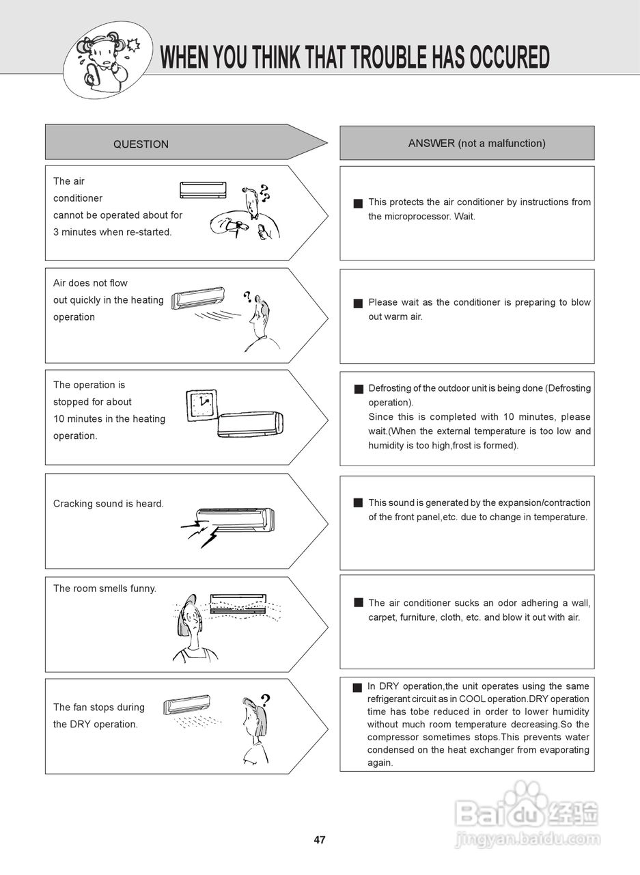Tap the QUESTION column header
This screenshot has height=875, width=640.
click(141, 144)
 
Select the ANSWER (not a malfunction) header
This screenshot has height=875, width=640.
click(477, 144)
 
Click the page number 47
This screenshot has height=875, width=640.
click(320, 840)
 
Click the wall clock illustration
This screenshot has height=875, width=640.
click(201, 405)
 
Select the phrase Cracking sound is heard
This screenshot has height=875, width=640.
click(109, 504)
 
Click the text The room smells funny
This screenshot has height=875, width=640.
click(105, 589)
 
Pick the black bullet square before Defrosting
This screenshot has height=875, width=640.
click(359, 389)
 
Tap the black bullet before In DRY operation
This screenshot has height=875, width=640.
click(357, 688)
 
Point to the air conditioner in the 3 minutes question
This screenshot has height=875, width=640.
click(203, 189)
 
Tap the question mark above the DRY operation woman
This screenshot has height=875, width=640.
click(265, 699)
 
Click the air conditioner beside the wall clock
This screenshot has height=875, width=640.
click(250, 424)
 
